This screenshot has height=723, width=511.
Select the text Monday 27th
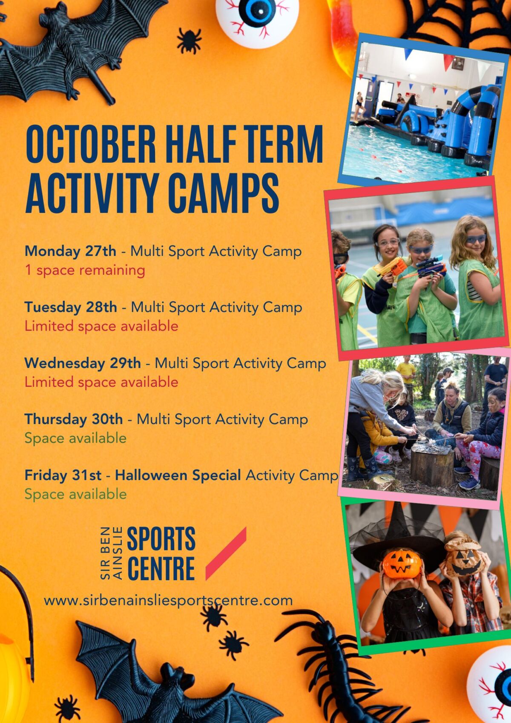click(70, 251)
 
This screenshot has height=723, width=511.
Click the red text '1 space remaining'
click(85, 271)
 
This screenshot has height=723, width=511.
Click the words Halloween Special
click(178, 475)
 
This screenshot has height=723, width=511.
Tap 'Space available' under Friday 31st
click(75, 494)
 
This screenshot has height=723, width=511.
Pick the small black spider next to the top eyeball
click(189, 40)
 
